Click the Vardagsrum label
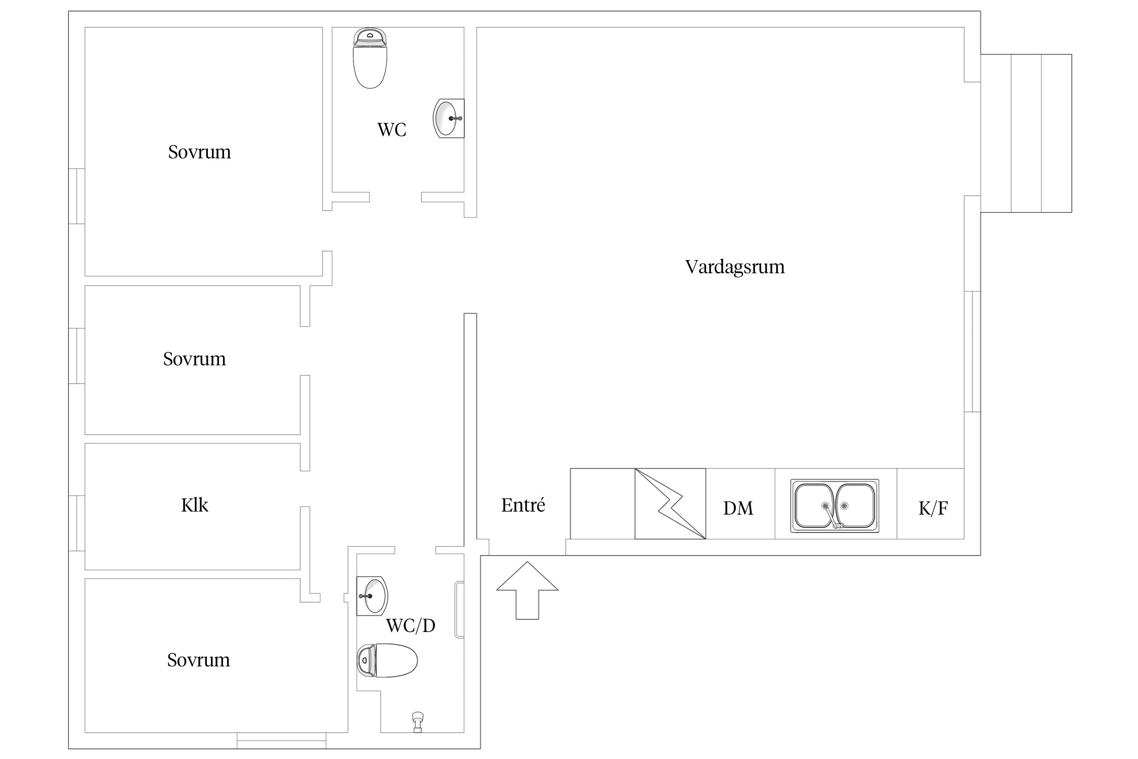click(734, 267)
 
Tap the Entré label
click(523, 505)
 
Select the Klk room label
click(194, 505)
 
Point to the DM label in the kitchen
click(738, 508)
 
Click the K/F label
click(933, 508)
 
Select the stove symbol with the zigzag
click(670, 503)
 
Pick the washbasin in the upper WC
click(447, 118)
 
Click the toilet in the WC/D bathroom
click(387, 660)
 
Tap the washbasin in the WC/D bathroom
click(372, 596)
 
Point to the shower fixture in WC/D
click(417, 722)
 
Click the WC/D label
click(410, 626)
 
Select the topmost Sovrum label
click(199, 152)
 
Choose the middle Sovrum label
click(194, 359)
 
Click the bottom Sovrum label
click(198, 660)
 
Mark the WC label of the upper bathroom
click(391, 130)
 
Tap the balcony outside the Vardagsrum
click(1026, 133)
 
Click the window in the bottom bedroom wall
click(281, 740)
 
